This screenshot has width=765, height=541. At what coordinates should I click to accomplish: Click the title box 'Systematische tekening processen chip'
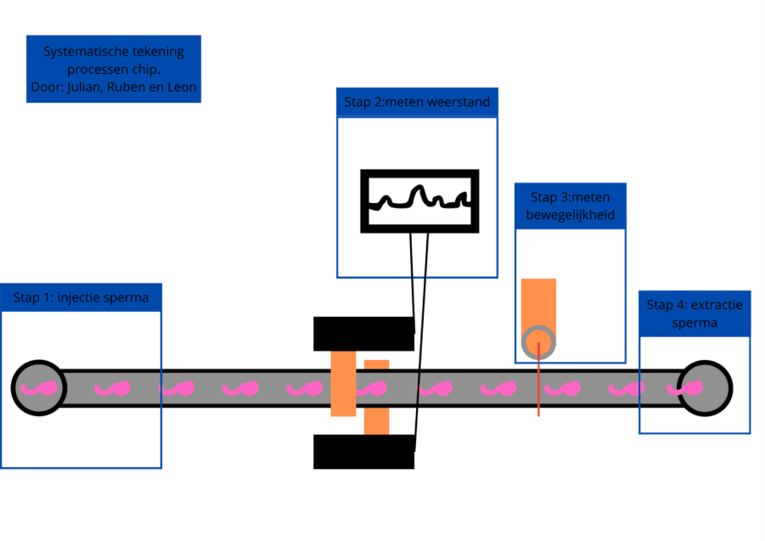113,69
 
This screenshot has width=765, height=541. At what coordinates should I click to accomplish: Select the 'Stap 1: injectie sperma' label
81,297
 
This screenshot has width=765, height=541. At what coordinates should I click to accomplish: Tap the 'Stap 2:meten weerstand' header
417,103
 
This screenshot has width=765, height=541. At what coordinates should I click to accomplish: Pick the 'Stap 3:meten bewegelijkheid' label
571,206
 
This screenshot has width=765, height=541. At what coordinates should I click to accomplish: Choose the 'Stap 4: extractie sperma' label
694,313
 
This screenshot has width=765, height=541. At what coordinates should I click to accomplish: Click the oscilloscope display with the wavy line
419,201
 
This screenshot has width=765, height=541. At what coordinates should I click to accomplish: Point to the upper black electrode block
363,334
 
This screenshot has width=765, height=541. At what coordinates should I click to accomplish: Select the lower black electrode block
363,452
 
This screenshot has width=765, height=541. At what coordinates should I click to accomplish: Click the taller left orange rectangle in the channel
343,384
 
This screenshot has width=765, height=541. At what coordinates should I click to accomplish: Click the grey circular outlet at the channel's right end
704,388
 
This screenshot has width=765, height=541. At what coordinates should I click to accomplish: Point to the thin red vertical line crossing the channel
538,399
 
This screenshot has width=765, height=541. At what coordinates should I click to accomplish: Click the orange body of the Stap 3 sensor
538,301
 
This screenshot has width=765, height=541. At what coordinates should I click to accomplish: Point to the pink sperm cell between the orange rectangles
370,389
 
